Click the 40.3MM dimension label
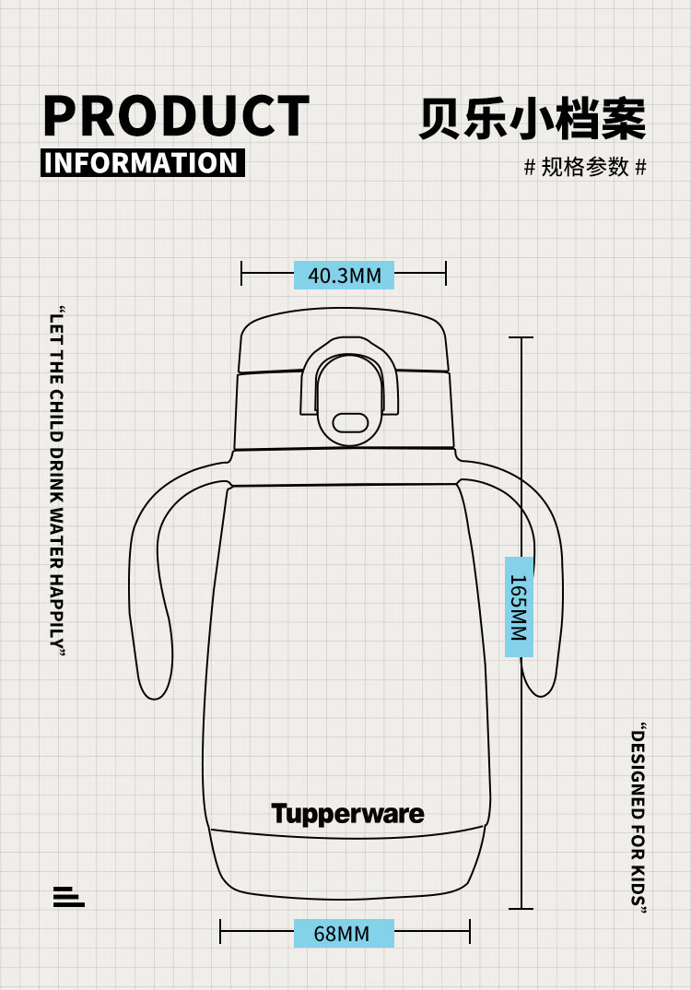click(344, 275)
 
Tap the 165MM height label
click(519, 607)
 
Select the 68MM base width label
click(343, 933)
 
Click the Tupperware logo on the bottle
click(347, 814)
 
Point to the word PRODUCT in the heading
click(176, 116)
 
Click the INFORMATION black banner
click(143, 163)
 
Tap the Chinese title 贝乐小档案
click(532, 118)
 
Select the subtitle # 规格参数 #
click(585, 167)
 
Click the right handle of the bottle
click(544, 590)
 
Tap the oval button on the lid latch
click(349, 422)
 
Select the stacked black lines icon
click(68, 896)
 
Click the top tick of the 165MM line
click(521, 337)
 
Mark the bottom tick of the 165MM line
click(521, 909)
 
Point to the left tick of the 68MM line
click(220, 931)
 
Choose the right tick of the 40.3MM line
click(446, 273)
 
